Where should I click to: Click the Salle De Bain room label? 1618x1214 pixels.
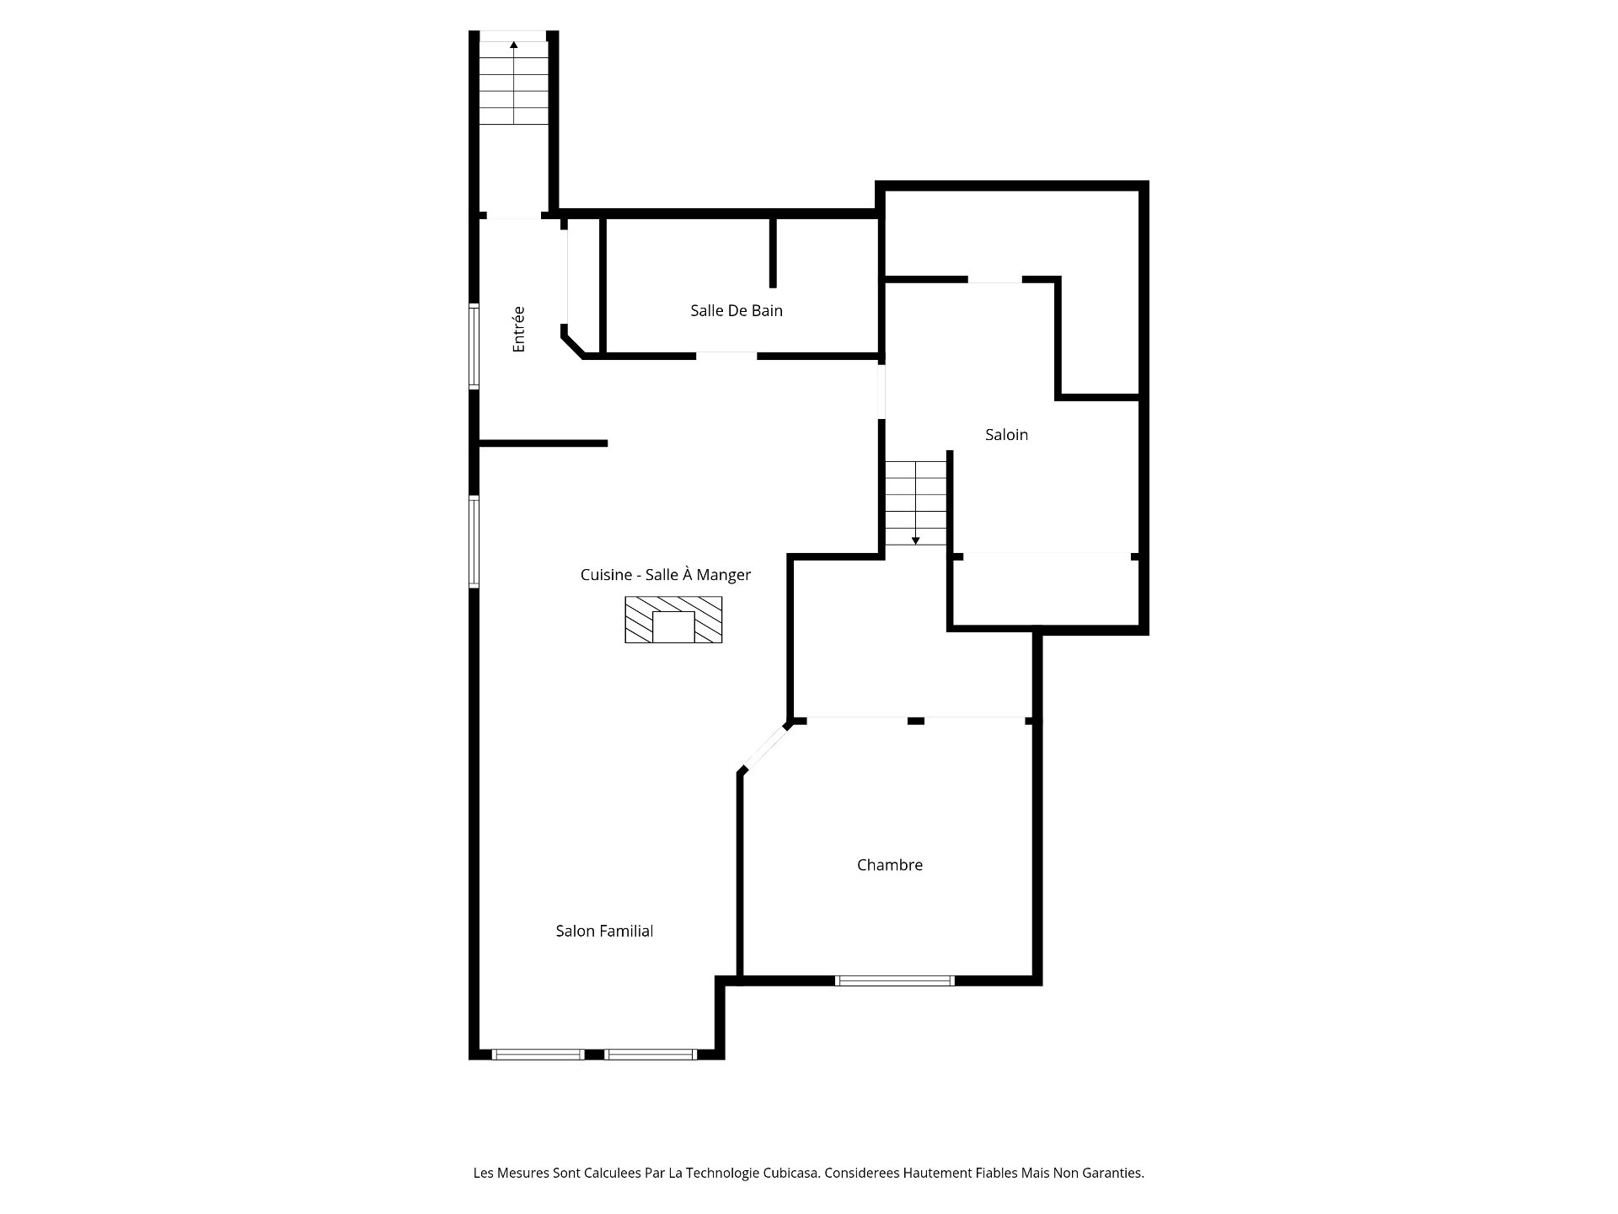click(737, 310)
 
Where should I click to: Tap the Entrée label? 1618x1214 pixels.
click(518, 329)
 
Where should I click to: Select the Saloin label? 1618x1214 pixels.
click(1006, 434)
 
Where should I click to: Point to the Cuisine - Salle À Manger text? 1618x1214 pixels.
click(666, 574)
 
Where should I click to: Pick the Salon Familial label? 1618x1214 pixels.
click(604, 931)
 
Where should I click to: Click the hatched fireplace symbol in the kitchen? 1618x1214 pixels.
click(673, 620)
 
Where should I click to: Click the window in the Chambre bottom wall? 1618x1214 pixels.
click(895, 980)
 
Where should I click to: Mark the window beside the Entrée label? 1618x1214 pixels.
click(474, 346)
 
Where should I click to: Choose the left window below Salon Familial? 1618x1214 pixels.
click(538, 1054)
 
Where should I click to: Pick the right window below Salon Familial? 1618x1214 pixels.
click(651, 1054)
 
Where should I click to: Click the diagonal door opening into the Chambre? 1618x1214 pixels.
click(765, 747)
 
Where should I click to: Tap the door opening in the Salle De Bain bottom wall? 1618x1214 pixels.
click(726, 356)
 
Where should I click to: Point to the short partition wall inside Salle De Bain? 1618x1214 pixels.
click(773, 253)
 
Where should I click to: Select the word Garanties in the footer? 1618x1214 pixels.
click(1113, 1173)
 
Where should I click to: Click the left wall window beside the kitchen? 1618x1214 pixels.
click(474, 541)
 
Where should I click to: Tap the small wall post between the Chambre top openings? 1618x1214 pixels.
click(916, 721)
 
